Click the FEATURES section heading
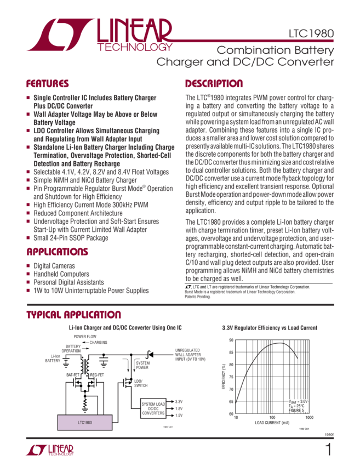(x=48, y=84)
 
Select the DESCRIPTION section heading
(x=214, y=84)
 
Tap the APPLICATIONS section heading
(x=57, y=252)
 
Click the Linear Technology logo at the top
(x=99, y=34)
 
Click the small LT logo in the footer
(x=49, y=450)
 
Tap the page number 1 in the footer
(x=328, y=450)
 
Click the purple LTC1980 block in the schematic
(x=81, y=422)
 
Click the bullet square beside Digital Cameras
(x=28, y=265)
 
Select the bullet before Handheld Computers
(x=28, y=273)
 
